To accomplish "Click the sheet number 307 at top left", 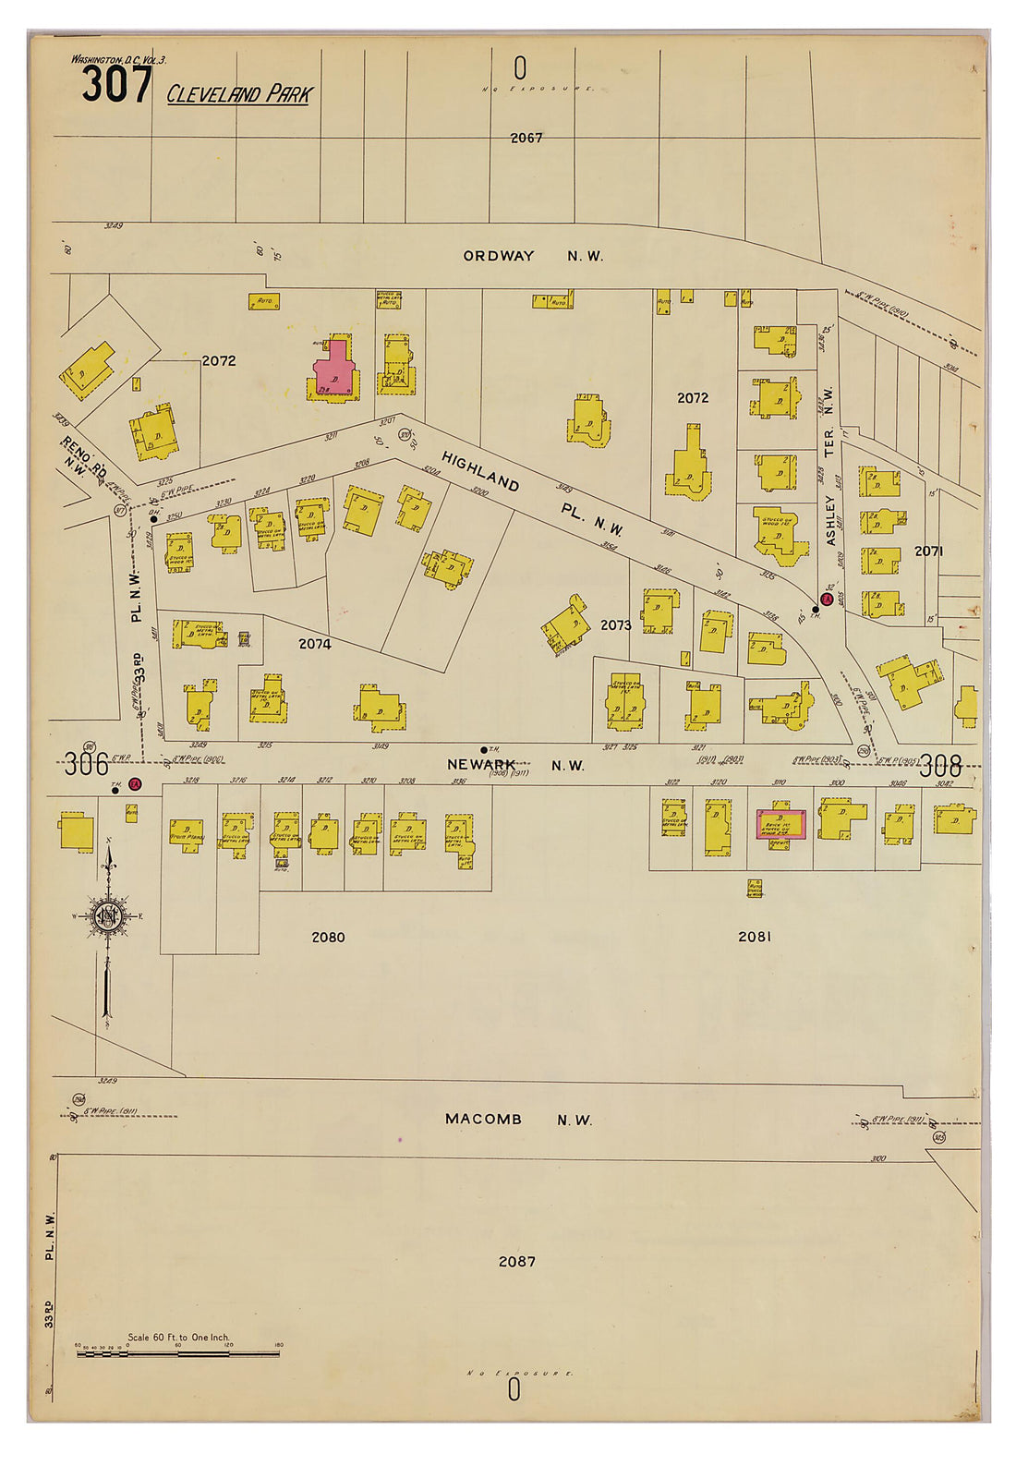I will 116,85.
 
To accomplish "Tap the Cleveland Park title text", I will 239,94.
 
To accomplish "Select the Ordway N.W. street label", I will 533,256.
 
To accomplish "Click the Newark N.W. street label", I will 515,765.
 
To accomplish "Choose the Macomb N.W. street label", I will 517,1119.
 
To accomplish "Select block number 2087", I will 516,1261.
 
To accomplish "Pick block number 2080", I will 328,937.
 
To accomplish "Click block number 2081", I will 754,937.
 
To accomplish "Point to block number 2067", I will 526,138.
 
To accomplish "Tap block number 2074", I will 314,644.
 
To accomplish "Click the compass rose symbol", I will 107,916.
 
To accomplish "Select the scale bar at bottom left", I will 177,1354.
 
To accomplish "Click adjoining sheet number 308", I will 939,766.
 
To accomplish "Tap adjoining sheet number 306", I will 86,766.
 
